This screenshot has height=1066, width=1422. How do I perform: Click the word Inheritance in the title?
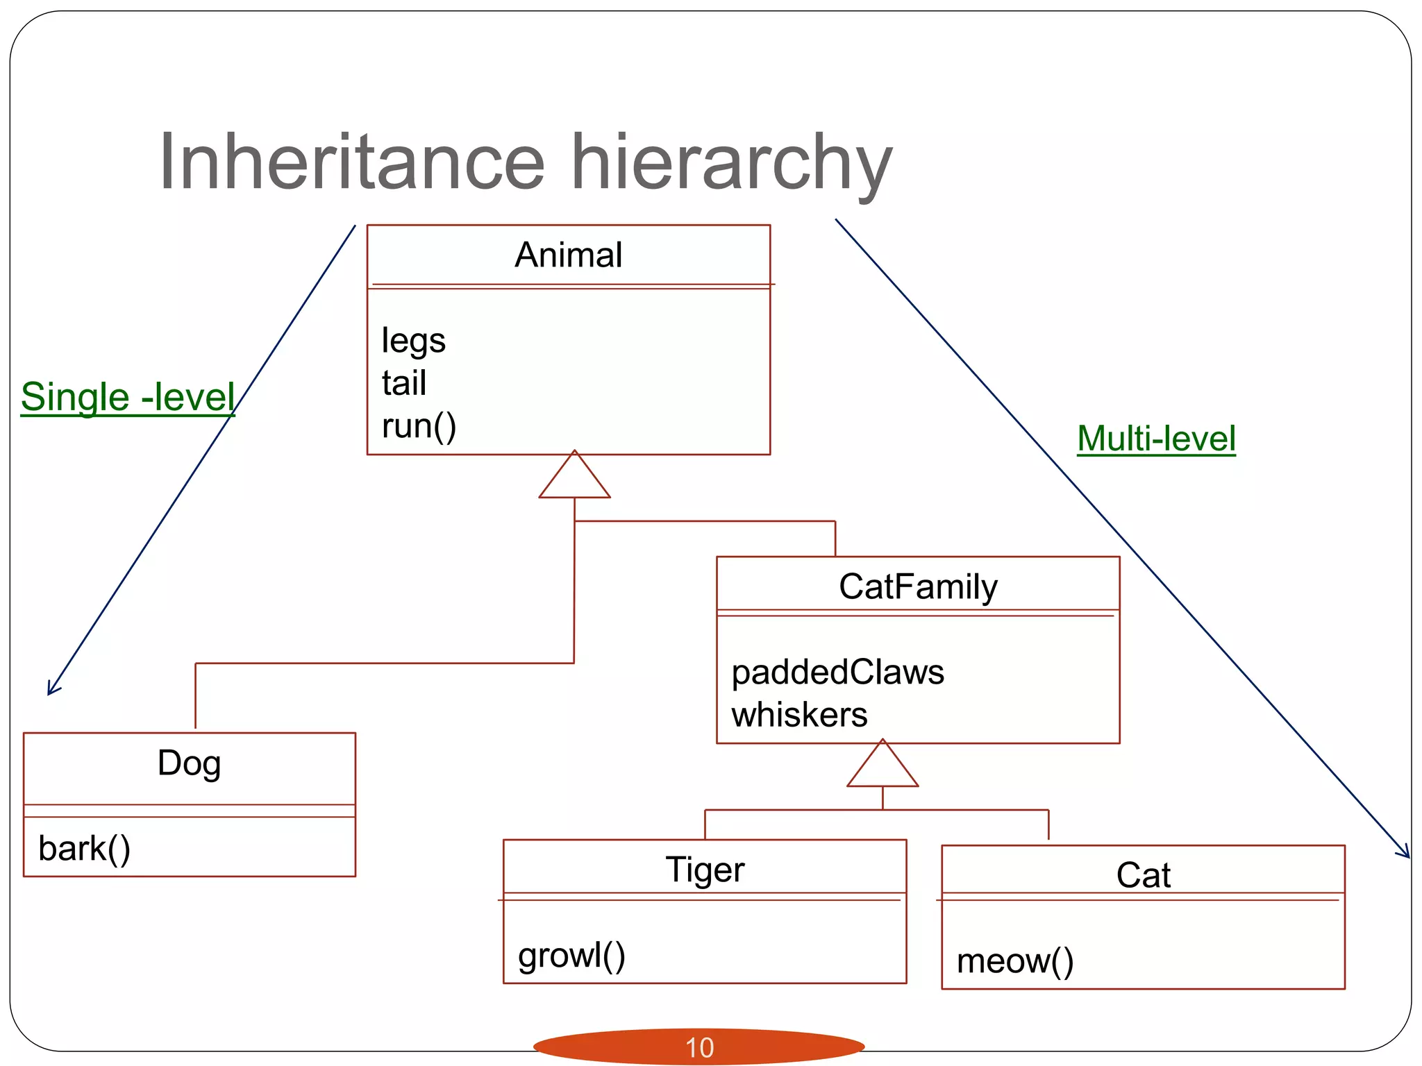[352, 162]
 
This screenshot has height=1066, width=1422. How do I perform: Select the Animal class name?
[568, 255]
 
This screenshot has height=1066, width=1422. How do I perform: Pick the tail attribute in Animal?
[403, 383]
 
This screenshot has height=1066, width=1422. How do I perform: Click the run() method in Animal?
[419, 426]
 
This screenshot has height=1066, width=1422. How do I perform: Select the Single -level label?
[128, 397]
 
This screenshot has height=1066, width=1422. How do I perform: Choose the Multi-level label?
[1156, 439]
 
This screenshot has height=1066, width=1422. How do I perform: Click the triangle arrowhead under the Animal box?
[574, 478]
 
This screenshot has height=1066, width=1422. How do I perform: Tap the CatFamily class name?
[918, 586]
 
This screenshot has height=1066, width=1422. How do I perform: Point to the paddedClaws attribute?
[837, 672]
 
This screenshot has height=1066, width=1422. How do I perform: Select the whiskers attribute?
[799, 715]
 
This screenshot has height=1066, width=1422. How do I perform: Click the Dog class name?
[189, 763]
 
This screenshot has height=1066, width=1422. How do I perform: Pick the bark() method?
[84, 849]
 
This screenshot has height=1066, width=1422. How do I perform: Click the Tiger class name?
[705, 870]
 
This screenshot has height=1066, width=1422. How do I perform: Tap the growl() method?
[571, 956]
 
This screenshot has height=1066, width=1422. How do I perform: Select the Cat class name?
[1143, 875]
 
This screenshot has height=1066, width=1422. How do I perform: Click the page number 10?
[699, 1047]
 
